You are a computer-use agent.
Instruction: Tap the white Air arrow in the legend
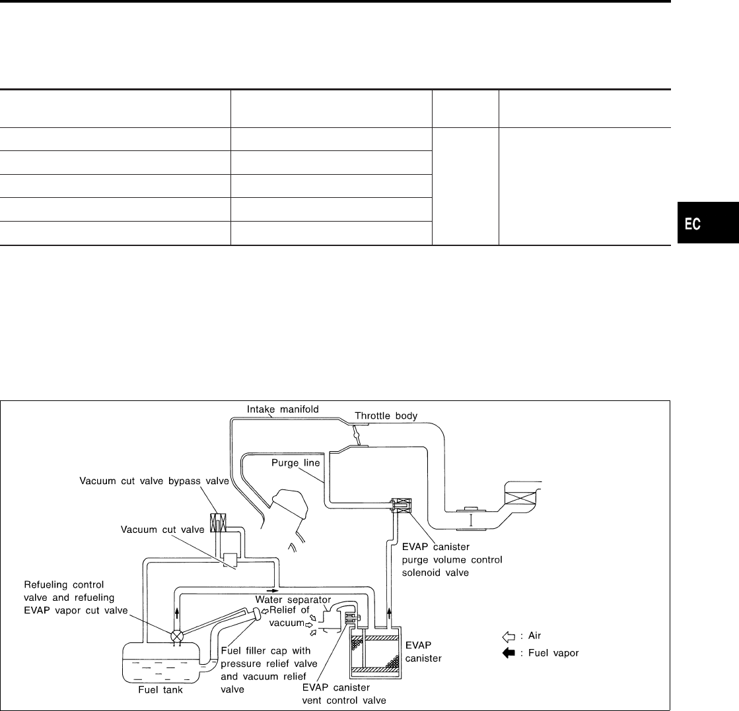pyautogui.click(x=508, y=638)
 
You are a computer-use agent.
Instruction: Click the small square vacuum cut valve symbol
pyautogui.click(x=230, y=561)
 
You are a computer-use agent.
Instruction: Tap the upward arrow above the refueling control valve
pyautogui.click(x=178, y=611)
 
